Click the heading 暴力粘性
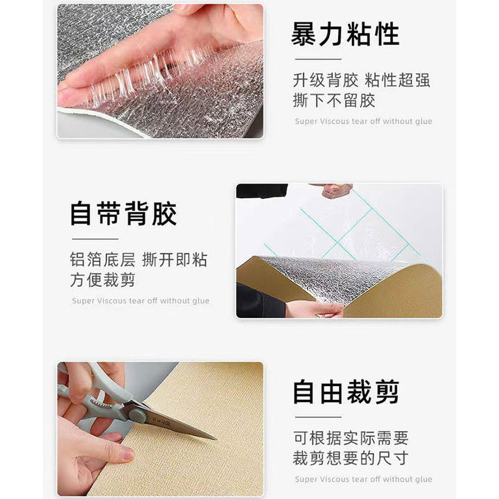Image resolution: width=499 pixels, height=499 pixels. pos(345,34)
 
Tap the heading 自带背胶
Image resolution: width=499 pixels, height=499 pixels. pos(123,213)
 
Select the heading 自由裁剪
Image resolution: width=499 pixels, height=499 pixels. pos(346,392)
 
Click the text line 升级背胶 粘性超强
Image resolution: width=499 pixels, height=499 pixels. pos(362,80)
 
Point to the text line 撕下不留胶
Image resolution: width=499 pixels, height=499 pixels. pos(334,100)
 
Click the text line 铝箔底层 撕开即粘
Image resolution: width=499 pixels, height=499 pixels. pos(139,260)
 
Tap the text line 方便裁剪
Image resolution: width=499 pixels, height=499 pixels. pos(103,280)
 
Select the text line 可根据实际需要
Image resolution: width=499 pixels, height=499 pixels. pos(351,438)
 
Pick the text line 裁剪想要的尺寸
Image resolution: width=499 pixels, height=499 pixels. pos(351,458)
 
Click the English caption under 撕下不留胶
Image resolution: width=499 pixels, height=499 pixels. pos(363,121)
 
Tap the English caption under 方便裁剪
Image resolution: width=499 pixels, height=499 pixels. pos(141,301)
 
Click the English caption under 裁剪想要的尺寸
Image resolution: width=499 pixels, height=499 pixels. pos(363,479)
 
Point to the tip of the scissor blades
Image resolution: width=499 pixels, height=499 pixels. pos(216,439)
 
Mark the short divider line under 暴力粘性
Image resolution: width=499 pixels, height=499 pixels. pos(318,59)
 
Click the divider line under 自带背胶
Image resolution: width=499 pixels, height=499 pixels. pos(95,238)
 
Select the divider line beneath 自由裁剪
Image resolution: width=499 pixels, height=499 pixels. pos(318,417)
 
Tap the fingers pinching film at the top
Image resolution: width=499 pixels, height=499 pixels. pos(334,191)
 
